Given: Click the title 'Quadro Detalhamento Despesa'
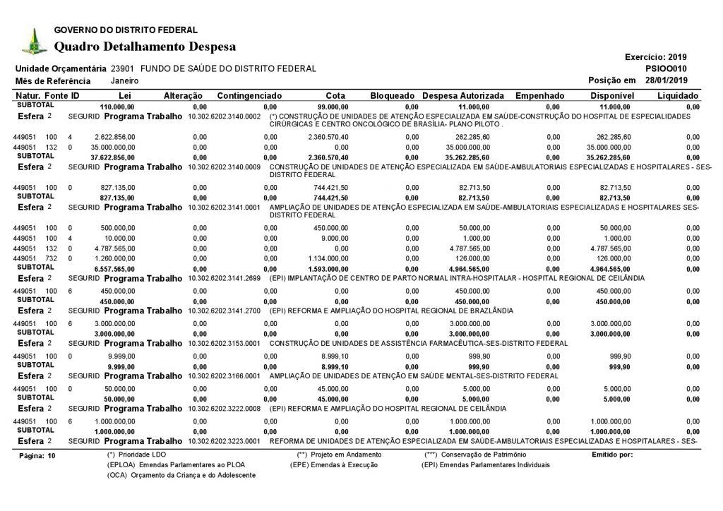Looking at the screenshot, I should (x=145, y=47).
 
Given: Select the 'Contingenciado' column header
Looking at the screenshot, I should (x=250, y=95).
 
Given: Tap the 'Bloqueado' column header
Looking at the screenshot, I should (x=392, y=95).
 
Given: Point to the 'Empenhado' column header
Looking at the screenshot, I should (x=540, y=95).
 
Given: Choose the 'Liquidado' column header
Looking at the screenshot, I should (x=678, y=95).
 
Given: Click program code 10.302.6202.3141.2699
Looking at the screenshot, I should (x=225, y=279).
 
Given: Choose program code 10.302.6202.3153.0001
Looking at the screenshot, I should (x=225, y=343).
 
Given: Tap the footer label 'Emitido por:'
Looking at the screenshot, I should (x=611, y=455).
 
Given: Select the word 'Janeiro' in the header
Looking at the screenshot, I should (x=124, y=81).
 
